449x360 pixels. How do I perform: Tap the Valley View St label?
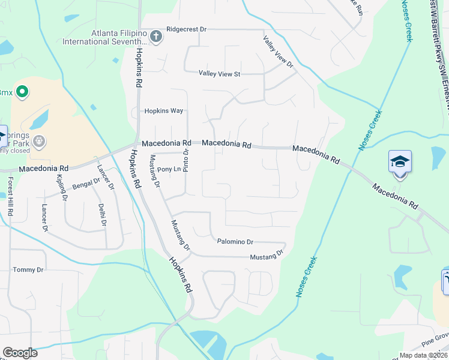point(219,74)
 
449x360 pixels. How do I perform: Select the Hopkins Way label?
point(163,111)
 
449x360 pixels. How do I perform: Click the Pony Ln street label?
point(169,169)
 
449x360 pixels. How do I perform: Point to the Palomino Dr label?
point(235,241)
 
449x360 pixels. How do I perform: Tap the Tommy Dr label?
point(28,270)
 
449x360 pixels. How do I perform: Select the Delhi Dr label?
point(102,214)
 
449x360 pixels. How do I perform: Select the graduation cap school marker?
point(400,162)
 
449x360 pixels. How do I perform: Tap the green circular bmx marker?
point(22,92)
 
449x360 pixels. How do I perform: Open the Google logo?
point(20,353)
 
